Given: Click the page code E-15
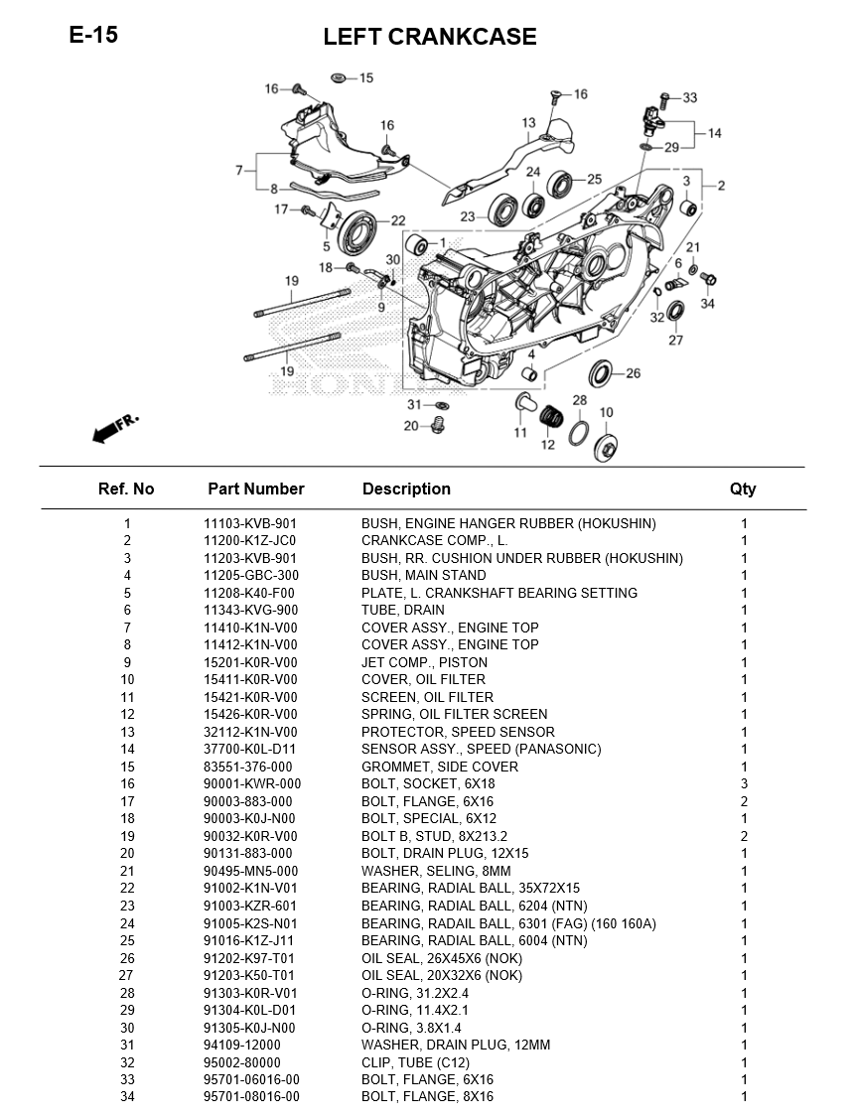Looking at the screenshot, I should (x=93, y=36).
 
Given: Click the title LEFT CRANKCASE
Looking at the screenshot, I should (x=429, y=38).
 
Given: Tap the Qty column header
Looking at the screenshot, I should (x=742, y=489).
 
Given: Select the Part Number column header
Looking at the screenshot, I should (x=255, y=489).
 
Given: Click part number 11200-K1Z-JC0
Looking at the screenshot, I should (x=250, y=541).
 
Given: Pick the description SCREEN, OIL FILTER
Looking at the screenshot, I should (x=427, y=697).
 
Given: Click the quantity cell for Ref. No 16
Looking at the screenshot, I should (x=744, y=784).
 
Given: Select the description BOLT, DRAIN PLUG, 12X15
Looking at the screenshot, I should (x=445, y=854).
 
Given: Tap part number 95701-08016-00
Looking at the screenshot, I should (x=251, y=1097).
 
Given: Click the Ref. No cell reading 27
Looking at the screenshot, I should (x=126, y=975).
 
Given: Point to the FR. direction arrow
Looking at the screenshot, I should (x=114, y=427).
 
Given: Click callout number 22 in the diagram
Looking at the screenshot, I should (x=397, y=220).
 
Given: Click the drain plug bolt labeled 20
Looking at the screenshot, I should (x=435, y=427).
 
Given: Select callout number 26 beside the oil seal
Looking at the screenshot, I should (x=633, y=374).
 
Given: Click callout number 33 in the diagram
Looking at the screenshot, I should (x=689, y=97).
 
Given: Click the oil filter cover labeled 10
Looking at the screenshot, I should (x=606, y=446).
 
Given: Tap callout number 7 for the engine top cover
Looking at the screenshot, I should (x=239, y=171).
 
